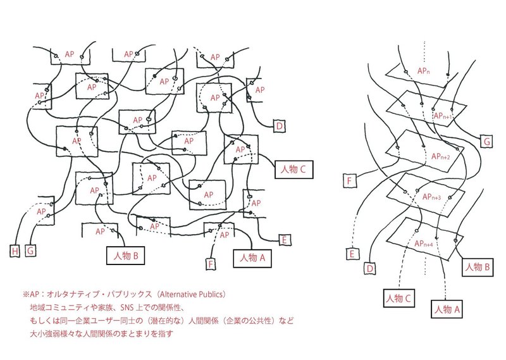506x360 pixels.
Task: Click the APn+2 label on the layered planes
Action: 440,156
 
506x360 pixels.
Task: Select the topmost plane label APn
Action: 424,72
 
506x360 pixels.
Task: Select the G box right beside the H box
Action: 29,251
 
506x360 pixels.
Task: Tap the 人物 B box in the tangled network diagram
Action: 126,255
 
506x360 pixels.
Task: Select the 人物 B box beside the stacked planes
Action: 478,266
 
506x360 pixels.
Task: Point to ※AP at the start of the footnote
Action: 30,295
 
